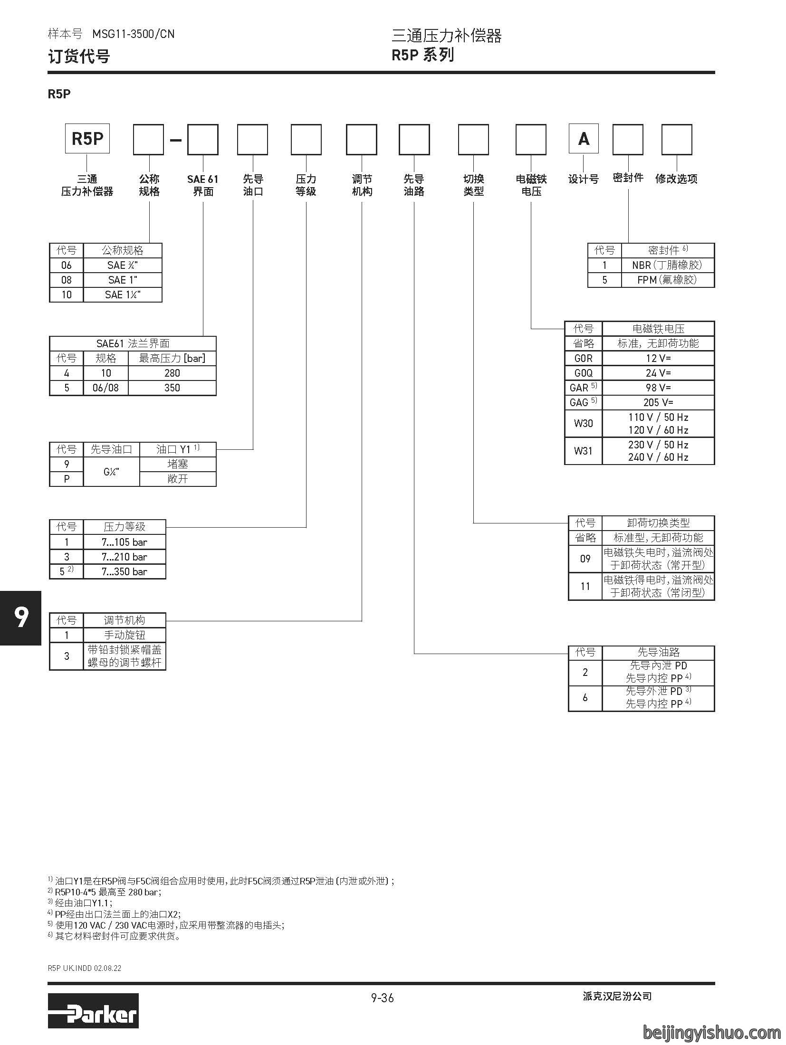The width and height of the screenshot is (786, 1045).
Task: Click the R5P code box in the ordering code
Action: coord(87,139)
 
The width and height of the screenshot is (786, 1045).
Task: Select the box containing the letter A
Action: coord(584,139)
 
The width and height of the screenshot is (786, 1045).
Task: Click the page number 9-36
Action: coord(383,998)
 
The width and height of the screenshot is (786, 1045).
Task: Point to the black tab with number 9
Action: coord(21,618)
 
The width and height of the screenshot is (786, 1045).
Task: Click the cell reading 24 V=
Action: coord(658,373)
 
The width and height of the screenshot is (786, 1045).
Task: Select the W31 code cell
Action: coord(583,451)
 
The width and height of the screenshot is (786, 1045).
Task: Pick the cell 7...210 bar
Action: coord(125,557)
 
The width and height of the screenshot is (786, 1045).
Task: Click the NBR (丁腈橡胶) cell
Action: coord(668,265)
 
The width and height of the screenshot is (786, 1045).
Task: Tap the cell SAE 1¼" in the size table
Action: coord(123,294)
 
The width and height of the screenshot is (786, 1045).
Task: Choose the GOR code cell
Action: coord(583,358)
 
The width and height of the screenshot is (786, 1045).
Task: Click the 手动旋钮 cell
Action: coord(125,635)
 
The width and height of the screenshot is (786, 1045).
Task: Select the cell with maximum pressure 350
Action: coord(172,388)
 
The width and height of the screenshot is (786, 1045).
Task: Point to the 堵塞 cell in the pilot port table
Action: coord(178,464)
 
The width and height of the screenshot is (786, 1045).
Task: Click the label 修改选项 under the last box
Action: coord(676,179)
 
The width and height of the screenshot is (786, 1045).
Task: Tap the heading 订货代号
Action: coord(79,57)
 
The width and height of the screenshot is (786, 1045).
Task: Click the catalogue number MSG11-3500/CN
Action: coord(134,34)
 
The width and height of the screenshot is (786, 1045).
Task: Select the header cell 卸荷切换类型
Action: coord(658,523)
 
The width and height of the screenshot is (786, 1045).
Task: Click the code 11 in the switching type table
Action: coord(585,587)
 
